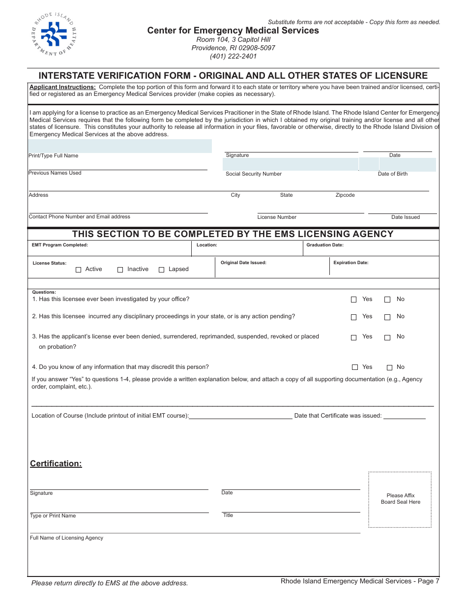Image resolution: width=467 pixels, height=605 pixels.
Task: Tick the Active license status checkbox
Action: (79, 270)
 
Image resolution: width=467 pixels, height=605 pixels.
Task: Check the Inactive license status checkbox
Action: (120, 270)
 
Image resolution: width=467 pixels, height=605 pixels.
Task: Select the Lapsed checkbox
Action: (162, 270)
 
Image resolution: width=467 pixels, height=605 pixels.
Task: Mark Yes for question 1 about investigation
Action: (354, 300)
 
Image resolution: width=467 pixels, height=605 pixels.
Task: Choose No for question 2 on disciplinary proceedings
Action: (387, 317)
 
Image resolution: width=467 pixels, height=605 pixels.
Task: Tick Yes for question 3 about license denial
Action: (354, 337)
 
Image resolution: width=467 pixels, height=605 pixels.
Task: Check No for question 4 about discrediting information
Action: (389, 367)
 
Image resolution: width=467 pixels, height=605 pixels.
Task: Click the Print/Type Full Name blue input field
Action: (120, 146)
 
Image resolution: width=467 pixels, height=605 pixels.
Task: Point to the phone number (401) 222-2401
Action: (233, 56)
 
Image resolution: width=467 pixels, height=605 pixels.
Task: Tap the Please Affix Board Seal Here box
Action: (400, 499)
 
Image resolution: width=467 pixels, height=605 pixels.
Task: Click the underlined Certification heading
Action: (56, 463)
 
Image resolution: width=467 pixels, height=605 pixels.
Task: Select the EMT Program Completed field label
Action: (60, 245)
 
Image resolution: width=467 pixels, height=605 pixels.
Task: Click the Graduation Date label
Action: (325, 245)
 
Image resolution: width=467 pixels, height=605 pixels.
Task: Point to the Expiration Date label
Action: (351, 263)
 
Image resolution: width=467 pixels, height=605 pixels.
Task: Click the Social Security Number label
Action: (254, 174)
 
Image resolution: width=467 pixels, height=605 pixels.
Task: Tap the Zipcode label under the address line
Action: (345, 195)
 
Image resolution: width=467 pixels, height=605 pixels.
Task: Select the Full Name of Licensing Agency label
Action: (67, 538)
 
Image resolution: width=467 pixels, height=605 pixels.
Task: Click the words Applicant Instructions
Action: (63, 87)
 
